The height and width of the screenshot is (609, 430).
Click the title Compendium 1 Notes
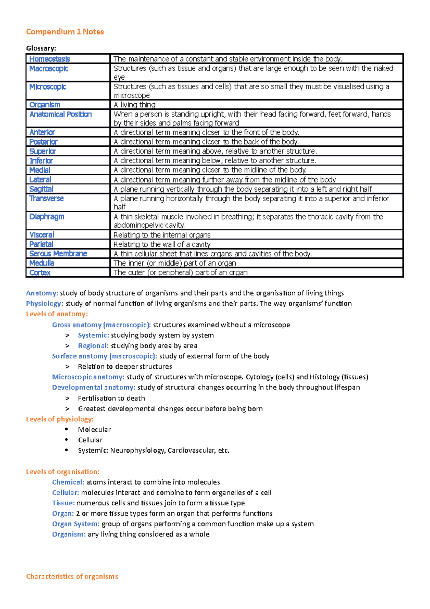tap(65, 32)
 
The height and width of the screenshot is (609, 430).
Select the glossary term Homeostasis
tap(49, 59)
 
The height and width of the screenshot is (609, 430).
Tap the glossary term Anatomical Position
tap(61, 114)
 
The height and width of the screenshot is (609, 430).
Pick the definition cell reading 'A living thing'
tap(134, 105)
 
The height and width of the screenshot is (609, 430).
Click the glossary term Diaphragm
tap(47, 217)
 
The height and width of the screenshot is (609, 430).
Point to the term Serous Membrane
tap(58, 254)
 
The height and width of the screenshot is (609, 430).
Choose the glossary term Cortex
tap(40, 273)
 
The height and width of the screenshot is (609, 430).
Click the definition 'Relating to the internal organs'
tap(162, 235)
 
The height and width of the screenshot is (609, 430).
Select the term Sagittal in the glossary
tap(41, 189)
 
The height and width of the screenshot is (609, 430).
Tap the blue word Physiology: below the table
tap(44, 303)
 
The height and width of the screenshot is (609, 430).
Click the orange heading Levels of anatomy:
tap(57, 314)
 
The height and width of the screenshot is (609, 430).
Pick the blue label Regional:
tap(93, 346)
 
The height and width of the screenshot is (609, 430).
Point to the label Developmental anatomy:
tap(94, 387)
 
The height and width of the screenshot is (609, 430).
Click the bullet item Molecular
tap(94, 429)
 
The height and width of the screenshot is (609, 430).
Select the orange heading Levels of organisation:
tap(62, 472)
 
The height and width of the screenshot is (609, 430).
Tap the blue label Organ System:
tap(76, 524)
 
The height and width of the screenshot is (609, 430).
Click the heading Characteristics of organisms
tap(72, 576)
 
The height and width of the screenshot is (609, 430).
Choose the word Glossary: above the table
tap(41, 48)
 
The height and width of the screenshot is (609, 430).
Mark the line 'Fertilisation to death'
tap(111, 398)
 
